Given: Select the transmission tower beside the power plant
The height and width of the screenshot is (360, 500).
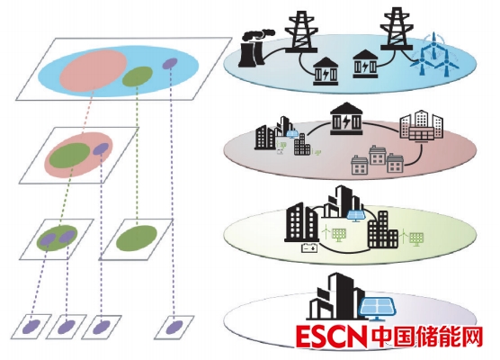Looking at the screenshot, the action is click(x=301, y=31).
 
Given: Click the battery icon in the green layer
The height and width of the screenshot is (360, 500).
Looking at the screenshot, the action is click(x=309, y=247).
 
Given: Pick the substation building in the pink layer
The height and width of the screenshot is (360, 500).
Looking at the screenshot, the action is click(x=346, y=119).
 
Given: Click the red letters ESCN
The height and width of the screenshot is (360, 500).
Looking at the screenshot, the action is click(x=331, y=337).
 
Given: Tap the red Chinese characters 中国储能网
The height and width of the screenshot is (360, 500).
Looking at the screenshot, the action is click(x=426, y=337).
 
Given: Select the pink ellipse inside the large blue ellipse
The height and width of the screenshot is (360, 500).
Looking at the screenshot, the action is click(x=94, y=70).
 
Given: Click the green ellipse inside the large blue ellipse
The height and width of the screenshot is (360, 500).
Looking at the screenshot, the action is click(x=138, y=76).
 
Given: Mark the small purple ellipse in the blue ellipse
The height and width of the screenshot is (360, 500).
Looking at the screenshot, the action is click(x=170, y=64).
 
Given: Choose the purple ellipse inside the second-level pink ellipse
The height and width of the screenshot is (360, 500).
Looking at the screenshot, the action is click(x=101, y=148).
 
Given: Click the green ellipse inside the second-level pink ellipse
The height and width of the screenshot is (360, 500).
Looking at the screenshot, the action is click(x=69, y=155).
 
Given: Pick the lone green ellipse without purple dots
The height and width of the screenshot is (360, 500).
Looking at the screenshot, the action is click(x=137, y=238).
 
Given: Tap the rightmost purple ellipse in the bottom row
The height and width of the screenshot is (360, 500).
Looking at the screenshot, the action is click(x=174, y=327).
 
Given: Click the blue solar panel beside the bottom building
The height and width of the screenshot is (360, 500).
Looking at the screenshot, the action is click(x=379, y=308).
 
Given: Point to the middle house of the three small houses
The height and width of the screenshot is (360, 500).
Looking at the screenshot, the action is click(x=378, y=156).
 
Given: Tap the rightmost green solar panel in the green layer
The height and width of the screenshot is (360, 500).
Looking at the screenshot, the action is click(x=416, y=239).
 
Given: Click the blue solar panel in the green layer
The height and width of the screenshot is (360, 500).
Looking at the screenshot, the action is click(x=356, y=216).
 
